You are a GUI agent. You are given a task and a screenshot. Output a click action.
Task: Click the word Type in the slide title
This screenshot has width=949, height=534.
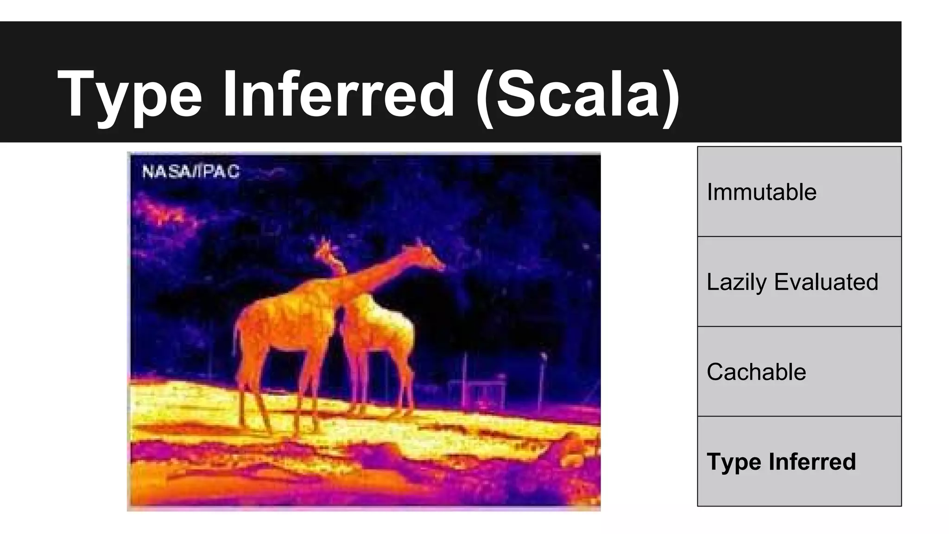point(130,95)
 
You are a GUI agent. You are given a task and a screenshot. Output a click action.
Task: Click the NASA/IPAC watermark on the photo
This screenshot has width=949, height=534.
point(190,172)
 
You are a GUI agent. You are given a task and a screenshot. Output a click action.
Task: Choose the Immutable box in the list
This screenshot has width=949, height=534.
point(799,191)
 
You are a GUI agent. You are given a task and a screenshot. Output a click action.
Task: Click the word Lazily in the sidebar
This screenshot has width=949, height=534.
point(736,282)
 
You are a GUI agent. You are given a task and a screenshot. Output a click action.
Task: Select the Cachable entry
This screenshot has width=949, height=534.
point(756,372)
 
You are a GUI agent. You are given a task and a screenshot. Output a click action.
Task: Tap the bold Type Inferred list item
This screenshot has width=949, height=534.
point(781,462)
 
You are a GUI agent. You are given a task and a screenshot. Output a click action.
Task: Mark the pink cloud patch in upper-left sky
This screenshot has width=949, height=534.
point(160,211)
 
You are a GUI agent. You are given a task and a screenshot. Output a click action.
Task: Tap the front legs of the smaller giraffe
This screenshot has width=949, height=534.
point(359,389)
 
